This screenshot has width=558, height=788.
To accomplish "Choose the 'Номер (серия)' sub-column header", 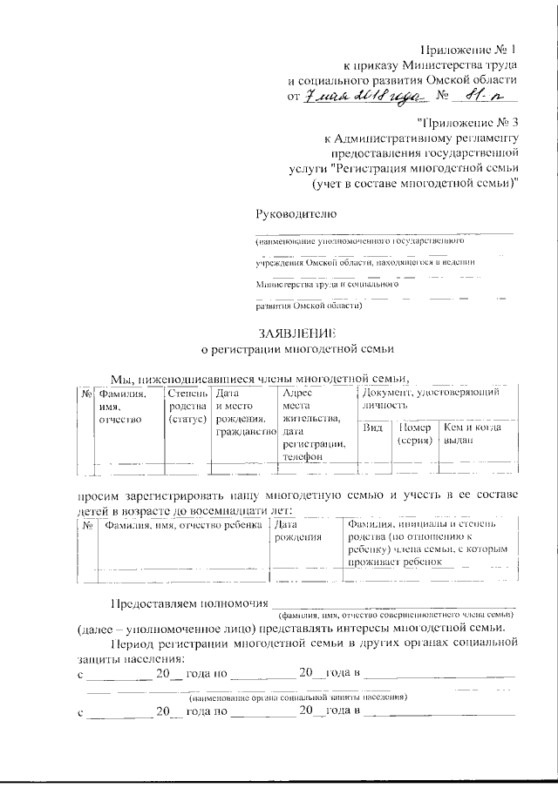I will click(x=415, y=434).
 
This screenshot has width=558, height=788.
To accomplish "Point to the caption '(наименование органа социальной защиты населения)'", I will click(x=297, y=698).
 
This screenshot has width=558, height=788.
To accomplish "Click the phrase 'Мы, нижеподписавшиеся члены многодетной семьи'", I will click(x=260, y=377).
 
